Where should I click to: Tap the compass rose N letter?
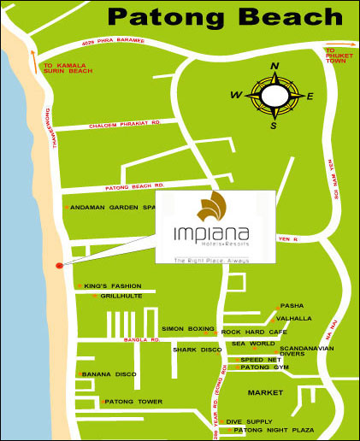(274, 67)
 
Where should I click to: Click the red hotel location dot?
(58, 266)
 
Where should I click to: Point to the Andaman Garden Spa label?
(113, 208)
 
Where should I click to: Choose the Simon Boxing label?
(188, 329)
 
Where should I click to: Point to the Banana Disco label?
(109, 374)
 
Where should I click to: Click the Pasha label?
(292, 306)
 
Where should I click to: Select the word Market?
(265, 392)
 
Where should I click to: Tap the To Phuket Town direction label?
(339, 56)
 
